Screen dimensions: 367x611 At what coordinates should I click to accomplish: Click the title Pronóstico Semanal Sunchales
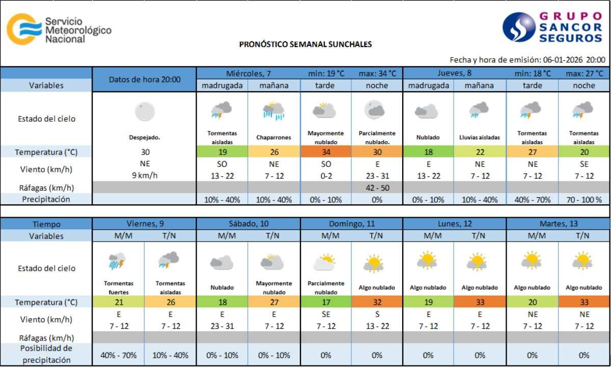305,44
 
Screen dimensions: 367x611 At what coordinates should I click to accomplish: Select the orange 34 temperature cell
325,152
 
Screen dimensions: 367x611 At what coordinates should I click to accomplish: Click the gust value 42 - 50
377,188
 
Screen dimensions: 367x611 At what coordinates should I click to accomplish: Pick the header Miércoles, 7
248,73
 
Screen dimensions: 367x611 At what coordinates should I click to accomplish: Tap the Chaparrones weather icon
273,111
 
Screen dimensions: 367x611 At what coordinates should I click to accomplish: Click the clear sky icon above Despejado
145,111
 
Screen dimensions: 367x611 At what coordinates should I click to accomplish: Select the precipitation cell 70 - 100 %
584,199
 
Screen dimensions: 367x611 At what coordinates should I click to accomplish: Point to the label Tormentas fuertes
118,287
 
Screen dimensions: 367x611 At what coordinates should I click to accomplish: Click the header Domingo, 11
351,224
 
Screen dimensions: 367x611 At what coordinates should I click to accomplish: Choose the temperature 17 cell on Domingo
325,302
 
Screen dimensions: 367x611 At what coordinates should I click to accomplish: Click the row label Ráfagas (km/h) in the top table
46,188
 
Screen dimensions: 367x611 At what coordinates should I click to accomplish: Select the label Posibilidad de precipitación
46,354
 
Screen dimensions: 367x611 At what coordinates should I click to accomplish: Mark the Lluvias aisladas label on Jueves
480,138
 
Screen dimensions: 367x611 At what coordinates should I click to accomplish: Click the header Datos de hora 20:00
145,80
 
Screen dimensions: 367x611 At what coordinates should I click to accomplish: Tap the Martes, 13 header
558,224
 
